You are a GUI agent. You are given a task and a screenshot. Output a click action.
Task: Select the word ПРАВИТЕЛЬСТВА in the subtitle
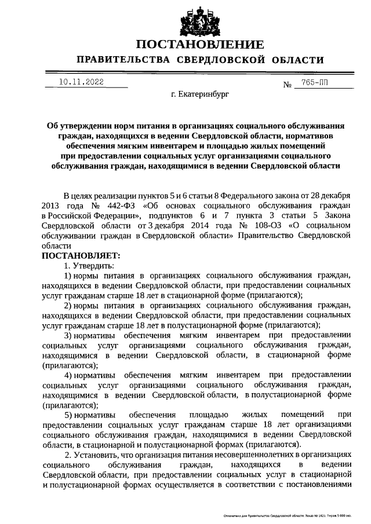(122, 60)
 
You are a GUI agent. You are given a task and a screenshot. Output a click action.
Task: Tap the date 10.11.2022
(81, 82)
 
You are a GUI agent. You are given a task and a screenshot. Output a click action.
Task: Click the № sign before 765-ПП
(287, 85)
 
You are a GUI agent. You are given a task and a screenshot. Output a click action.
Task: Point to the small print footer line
(288, 514)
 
